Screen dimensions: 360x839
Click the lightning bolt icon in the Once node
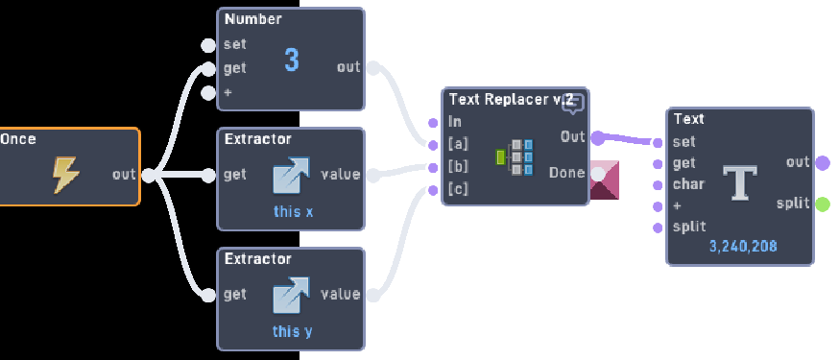pyautogui.click(x=65, y=174)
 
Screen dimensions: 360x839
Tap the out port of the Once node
pyautogui.click(x=148, y=175)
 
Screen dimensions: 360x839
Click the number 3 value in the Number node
pyautogui.click(x=292, y=60)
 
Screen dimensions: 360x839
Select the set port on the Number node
pyautogui.click(x=207, y=44)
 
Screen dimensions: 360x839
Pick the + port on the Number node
pyautogui.click(x=207, y=93)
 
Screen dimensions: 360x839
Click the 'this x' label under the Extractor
pyautogui.click(x=293, y=211)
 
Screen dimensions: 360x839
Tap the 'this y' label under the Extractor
pyautogui.click(x=293, y=331)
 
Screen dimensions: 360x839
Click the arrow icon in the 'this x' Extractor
pyautogui.click(x=292, y=175)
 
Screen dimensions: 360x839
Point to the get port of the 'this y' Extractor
pyautogui.click(x=207, y=295)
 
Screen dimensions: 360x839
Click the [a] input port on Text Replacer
pyautogui.click(x=434, y=144)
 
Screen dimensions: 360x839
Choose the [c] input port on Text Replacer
pyautogui.click(x=434, y=189)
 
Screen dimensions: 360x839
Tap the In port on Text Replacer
pyautogui.click(x=434, y=122)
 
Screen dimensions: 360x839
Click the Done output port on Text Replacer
pyautogui.click(x=597, y=174)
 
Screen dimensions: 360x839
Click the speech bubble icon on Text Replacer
pyautogui.click(x=573, y=103)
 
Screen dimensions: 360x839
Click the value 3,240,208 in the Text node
pyautogui.click(x=743, y=247)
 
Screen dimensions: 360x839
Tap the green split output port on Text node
pyautogui.click(x=822, y=204)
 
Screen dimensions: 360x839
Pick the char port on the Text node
pyautogui.click(x=658, y=184)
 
